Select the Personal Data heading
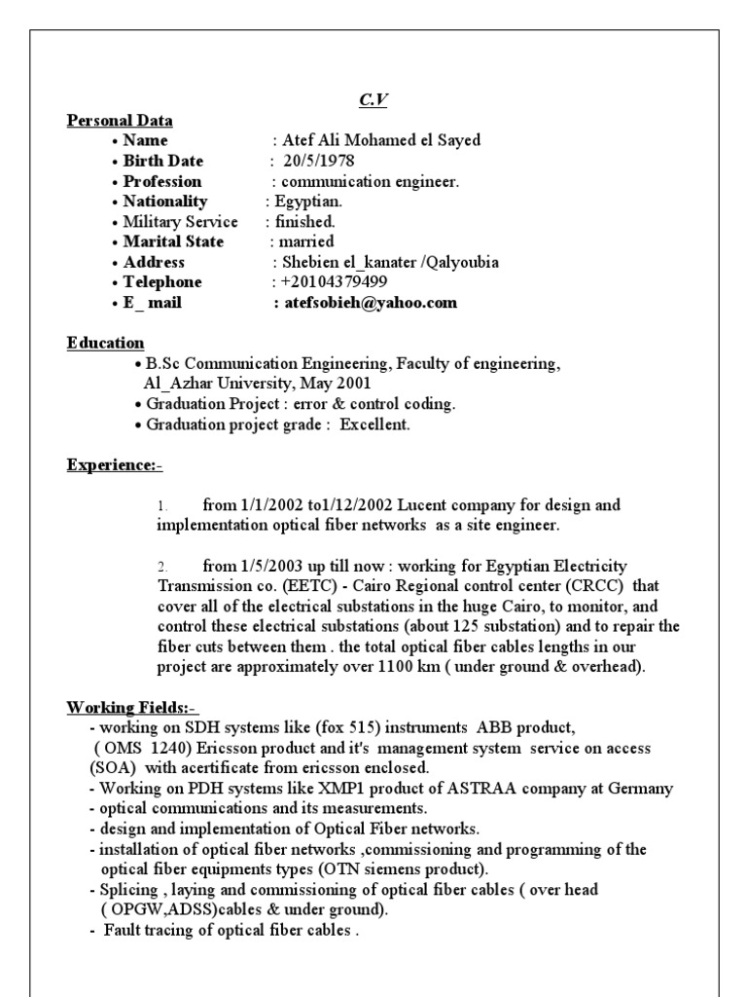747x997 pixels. tap(120, 121)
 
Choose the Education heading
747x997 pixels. tap(105, 343)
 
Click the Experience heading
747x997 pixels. tap(114, 465)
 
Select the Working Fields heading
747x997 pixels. tap(132, 706)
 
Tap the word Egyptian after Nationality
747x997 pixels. tap(307, 202)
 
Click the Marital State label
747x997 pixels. tap(173, 241)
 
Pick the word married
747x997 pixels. tap(306, 241)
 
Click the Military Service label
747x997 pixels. tap(180, 222)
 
